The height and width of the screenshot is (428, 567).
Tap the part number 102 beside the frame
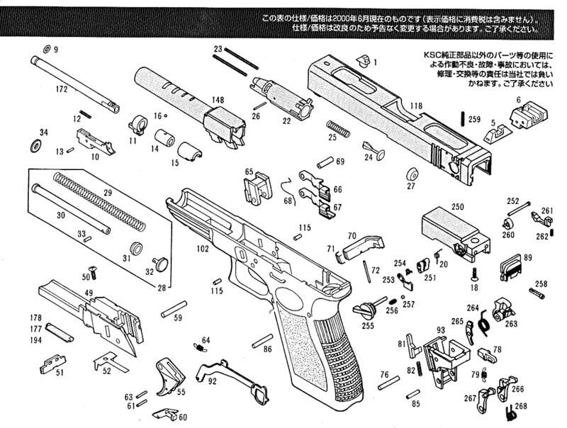(203, 249)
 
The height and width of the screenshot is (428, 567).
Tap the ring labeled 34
(35, 147)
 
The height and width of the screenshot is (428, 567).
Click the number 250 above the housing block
(457, 206)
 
